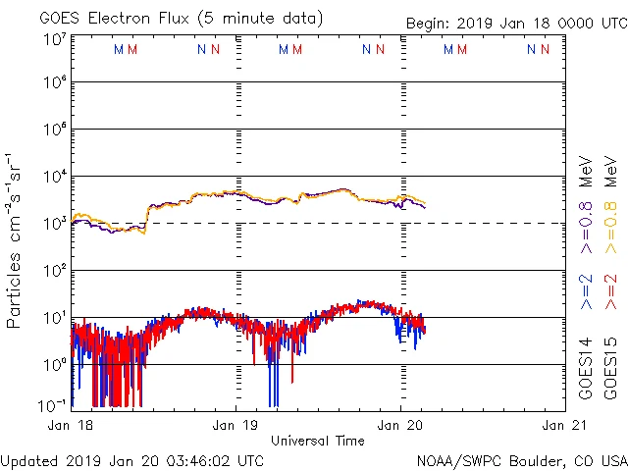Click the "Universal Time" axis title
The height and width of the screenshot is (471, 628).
[317, 441]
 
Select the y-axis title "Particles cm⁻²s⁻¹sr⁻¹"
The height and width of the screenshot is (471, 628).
[14, 240]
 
